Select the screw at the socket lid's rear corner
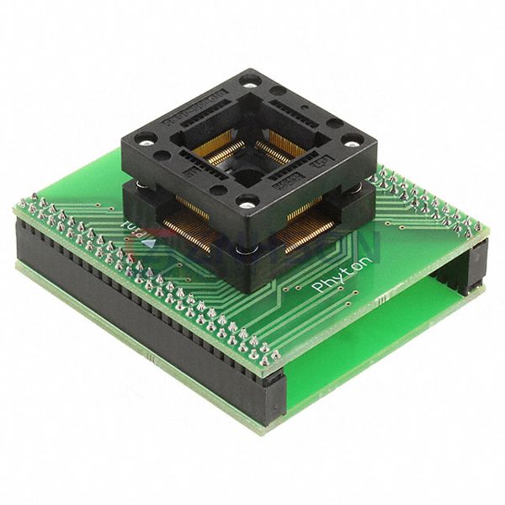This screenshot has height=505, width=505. (249, 82)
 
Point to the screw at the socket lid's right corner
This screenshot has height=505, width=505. (353, 139)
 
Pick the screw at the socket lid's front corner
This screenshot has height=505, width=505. (247, 202)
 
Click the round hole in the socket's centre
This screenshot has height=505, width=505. (247, 175)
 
